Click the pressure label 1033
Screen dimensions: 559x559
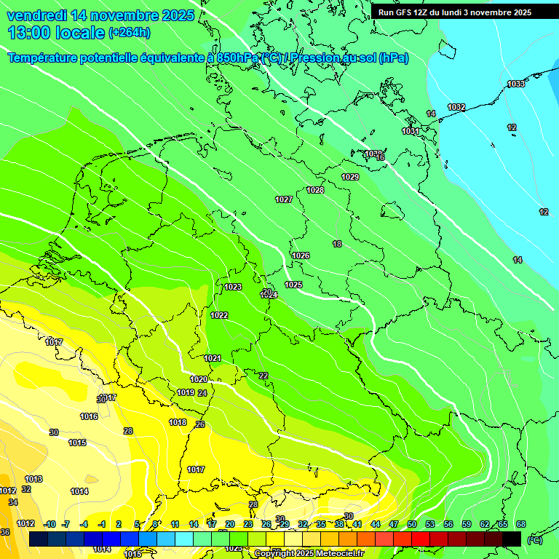tap(516, 84)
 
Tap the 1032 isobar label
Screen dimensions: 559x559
tap(456, 108)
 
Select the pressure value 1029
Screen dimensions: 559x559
tap(350, 178)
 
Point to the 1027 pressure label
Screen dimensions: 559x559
tap(284, 200)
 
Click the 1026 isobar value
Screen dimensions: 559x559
tap(301, 255)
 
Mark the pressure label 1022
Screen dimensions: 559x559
tap(219, 316)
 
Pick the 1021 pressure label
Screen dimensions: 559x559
tap(213, 359)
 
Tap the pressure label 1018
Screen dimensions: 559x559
tap(178, 423)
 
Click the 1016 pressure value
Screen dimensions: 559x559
tap(89, 417)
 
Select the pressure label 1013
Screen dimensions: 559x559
tap(33, 480)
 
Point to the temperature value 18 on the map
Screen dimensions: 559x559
tap(337, 245)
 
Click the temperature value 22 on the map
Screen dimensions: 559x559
tap(263, 376)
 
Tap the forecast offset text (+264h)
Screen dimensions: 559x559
tap(129, 33)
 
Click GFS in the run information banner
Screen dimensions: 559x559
tap(405, 12)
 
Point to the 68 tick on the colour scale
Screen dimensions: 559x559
tap(520, 524)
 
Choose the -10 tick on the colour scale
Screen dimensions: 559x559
tap(49, 524)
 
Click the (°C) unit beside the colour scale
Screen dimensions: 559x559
tap(535, 540)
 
